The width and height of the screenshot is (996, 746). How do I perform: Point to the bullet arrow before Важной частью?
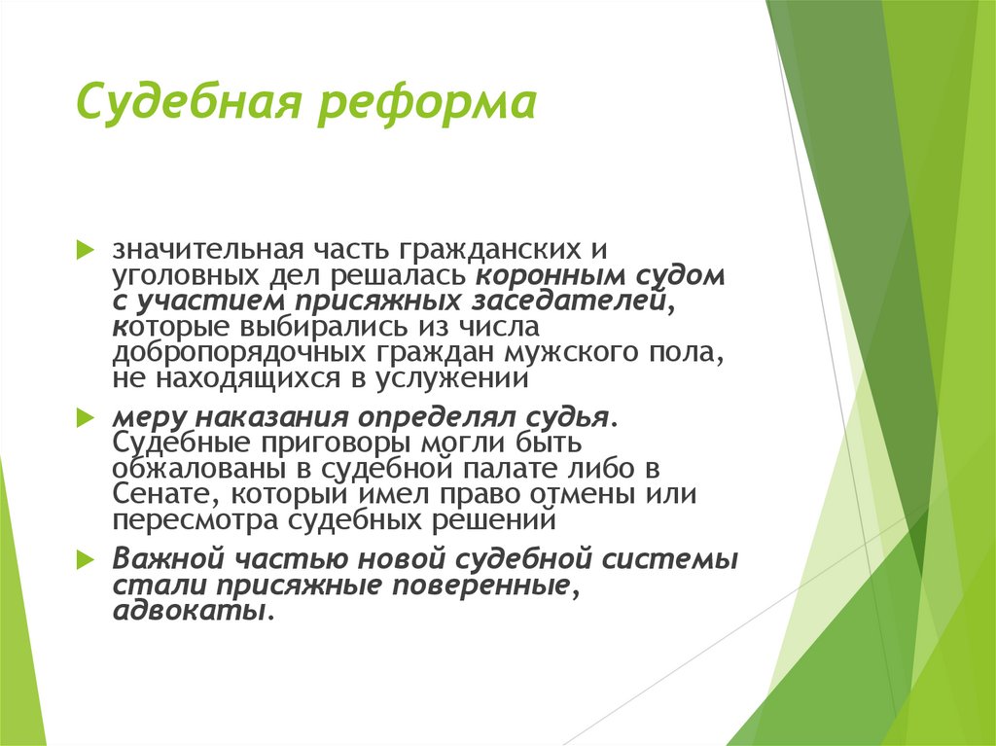coord(85,559)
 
